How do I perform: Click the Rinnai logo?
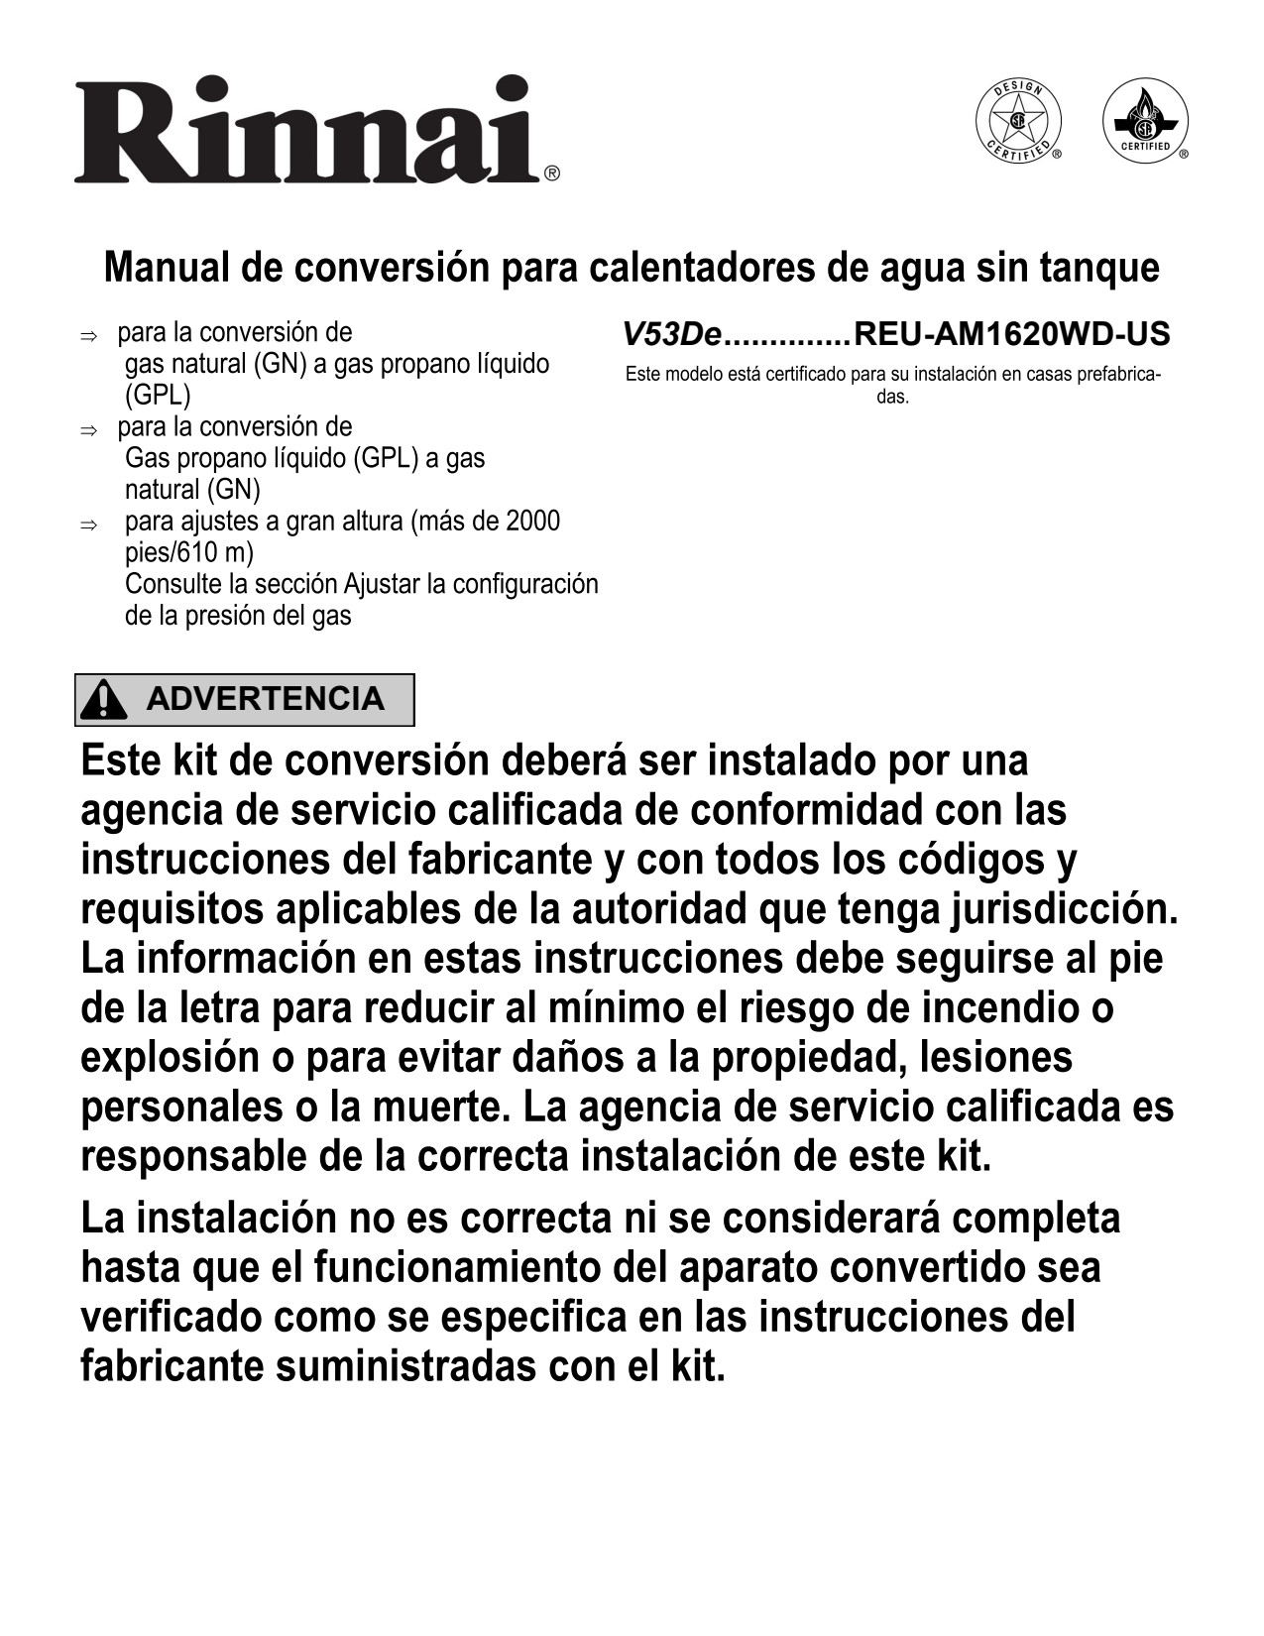pos(307,131)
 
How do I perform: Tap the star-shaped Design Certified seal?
pos(1017,123)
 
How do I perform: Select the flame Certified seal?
pos(1145,123)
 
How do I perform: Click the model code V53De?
pos(670,334)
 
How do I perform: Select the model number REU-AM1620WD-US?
pos(1011,334)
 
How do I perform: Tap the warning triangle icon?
pos(104,700)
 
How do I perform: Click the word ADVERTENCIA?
pos(265,699)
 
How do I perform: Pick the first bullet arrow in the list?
pos(87,336)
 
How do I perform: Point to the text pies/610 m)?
pos(188,552)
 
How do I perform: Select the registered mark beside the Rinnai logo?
pos(552,174)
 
